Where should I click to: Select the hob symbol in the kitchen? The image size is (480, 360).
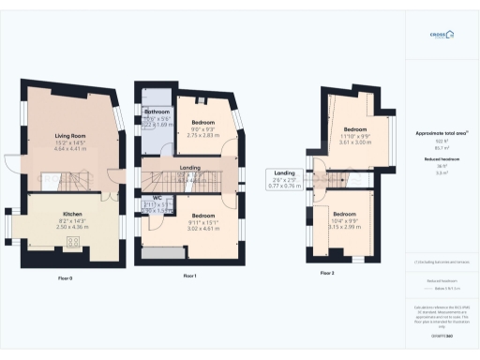(x=72, y=243)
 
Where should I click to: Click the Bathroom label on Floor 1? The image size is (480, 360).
(x=157, y=112)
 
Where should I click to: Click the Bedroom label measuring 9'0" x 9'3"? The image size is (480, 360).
(x=202, y=123)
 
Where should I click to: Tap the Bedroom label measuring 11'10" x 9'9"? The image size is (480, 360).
(x=355, y=128)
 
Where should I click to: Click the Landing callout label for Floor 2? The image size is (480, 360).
(x=285, y=173)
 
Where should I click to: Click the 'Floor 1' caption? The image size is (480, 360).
(x=189, y=276)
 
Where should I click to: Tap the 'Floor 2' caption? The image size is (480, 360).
(x=326, y=273)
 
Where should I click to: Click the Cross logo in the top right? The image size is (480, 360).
(x=441, y=35)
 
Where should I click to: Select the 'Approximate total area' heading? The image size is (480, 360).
(x=440, y=133)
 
